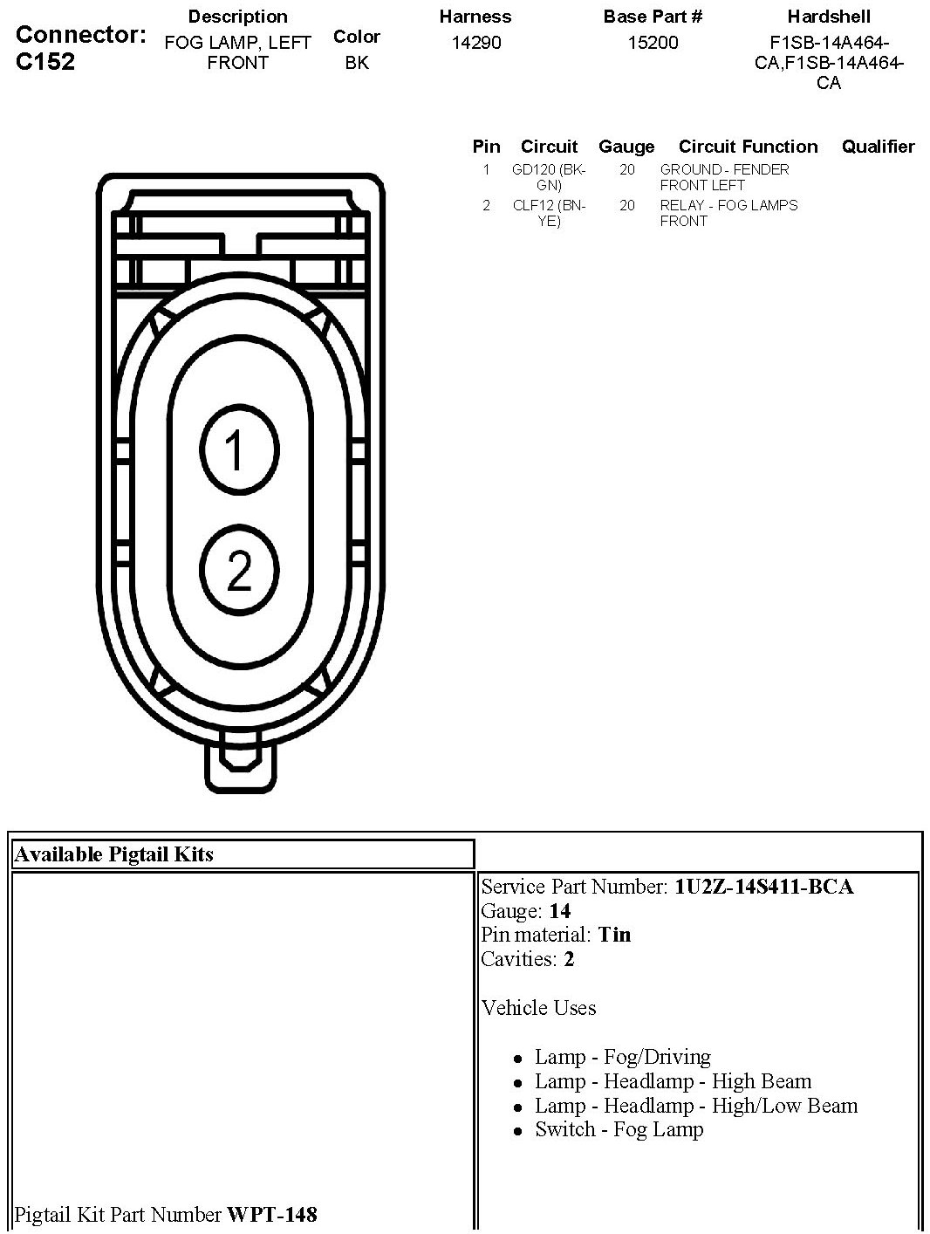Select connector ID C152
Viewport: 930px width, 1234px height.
pyautogui.click(x=45, y=62)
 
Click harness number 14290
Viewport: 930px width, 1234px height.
pyautogui.click(x=476, y=43)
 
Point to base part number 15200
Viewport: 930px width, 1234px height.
pyautogui.click(x=653, y=43)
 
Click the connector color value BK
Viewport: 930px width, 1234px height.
pyautogui.click(x=357, y=63)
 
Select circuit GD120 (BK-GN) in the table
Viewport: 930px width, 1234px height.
pyautogui.click(x=549, y=177)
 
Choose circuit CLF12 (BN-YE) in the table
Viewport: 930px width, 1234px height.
pyautogui.click(x=549, y=213)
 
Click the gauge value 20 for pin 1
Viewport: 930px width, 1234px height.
pyautogui.click(x=627, y=170)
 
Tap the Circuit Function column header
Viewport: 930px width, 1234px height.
pyautogui.click(x=748, y=147)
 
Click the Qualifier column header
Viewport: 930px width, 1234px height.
pyautogui.click(x=878, y=147)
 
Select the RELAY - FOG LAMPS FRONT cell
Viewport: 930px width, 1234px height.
pyautogui.click(x=728, y=213)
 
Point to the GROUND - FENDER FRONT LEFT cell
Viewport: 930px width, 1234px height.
pyautogui.click(x=724, y=177)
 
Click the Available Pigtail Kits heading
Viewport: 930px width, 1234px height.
pyautogui.click(x=114, y=854)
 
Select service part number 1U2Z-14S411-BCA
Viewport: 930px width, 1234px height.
pyautogui.click(x=763, y=887)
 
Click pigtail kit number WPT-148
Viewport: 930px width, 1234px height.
pyautogui.click(x=271, y=1214)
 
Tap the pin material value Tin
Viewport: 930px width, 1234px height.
pyautogui.click(x=614, y=935)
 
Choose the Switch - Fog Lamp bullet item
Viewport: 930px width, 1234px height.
pyautogui.click(x=619, y=1129)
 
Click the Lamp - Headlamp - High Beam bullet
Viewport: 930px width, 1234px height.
pyautogui.click(x=673, y=1081)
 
